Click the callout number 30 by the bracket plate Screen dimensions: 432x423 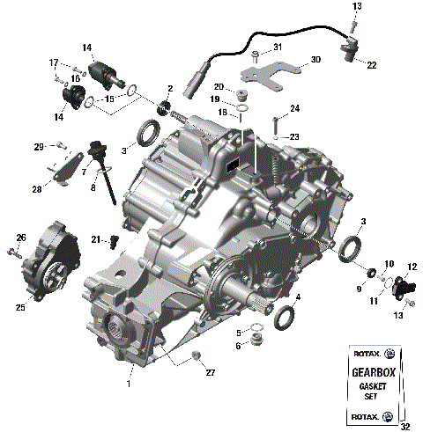[315, 62]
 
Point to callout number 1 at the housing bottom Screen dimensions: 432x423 [129, 383]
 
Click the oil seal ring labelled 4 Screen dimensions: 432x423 [285, 314]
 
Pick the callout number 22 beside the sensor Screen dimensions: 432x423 [372, 65]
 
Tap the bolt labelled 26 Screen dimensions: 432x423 [12, 253]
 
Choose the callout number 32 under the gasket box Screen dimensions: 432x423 [404, 427]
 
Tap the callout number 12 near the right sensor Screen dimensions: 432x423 [412, 267]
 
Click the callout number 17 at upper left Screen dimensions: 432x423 [54, 62]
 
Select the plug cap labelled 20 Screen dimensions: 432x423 [247, 92]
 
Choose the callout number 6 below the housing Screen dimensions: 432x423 [238, 346]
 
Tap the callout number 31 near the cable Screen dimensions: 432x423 [277, 47]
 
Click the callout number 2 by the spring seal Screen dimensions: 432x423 [169, 89]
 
